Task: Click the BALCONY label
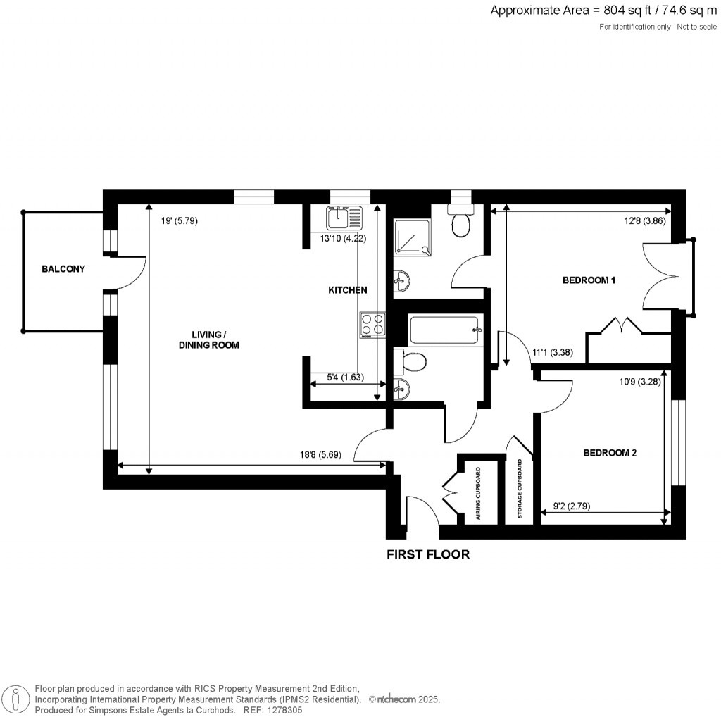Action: [x=63, y=269]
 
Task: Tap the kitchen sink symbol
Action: [x=344, y=218]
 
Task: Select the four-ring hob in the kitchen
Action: [x=372, y=325]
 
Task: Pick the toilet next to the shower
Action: [x=462, y=222]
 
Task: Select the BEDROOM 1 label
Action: [x=589, y=280]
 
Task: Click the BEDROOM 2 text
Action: [x=610, y=453]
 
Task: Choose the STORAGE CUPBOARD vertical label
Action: [x=520, y=490]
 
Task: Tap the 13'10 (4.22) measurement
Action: [x=343, y=239]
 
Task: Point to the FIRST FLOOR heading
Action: [x=428, y=554]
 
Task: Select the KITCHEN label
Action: [x=348, y=290]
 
